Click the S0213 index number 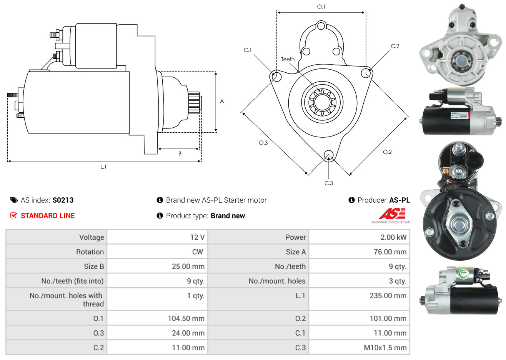[x=63, y=200]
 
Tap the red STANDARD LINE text [x=48, y=216]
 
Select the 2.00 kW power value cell [x=393, y=237]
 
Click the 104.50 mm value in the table [x=186, y=318]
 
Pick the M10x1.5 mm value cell [x=385, y=348]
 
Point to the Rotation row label [x=90, y=252]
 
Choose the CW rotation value [x=197, y=252]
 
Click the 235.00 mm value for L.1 [x=388, y=296]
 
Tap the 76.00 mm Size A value [x=390, y=252]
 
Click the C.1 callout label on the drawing [x=248, y=50]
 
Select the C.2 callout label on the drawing [x=395, y=46]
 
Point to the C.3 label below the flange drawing [x=329, y=183]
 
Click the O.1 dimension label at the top [x=321, y=7]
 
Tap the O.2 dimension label [x=387, y=152]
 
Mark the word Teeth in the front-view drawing [x=288, y=59]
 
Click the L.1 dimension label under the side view [x=103, y=167]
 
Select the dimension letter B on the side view [x=180, y=153]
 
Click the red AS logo [x=392, y=213]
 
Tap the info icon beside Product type [x=160, y=216]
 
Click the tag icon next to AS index [x=14, y=200]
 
